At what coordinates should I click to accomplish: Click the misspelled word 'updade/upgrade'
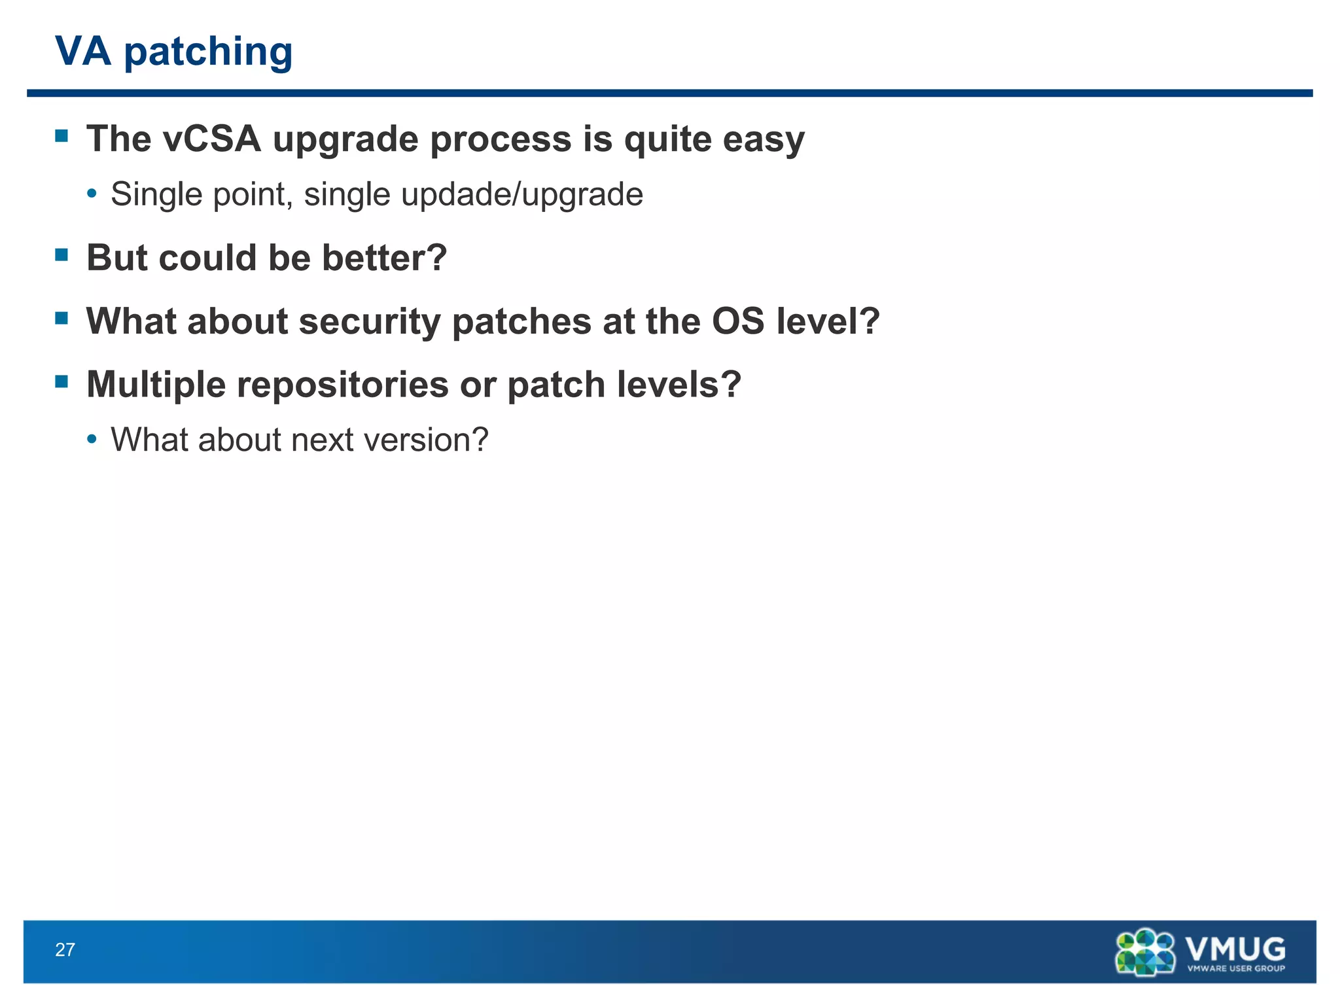coord(522,195)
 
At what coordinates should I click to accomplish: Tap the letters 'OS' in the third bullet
coord(738,321)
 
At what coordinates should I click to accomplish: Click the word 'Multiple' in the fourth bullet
coord(156,385)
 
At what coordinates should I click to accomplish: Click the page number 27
coord(65,950)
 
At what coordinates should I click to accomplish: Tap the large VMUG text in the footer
coord(1235,948)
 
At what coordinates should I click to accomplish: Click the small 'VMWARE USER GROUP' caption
coord(1235,968)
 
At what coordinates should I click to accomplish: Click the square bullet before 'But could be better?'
coord(62,255)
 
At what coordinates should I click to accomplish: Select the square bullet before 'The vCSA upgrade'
coord(62,136)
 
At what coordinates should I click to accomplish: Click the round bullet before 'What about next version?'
coord(92,439)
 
